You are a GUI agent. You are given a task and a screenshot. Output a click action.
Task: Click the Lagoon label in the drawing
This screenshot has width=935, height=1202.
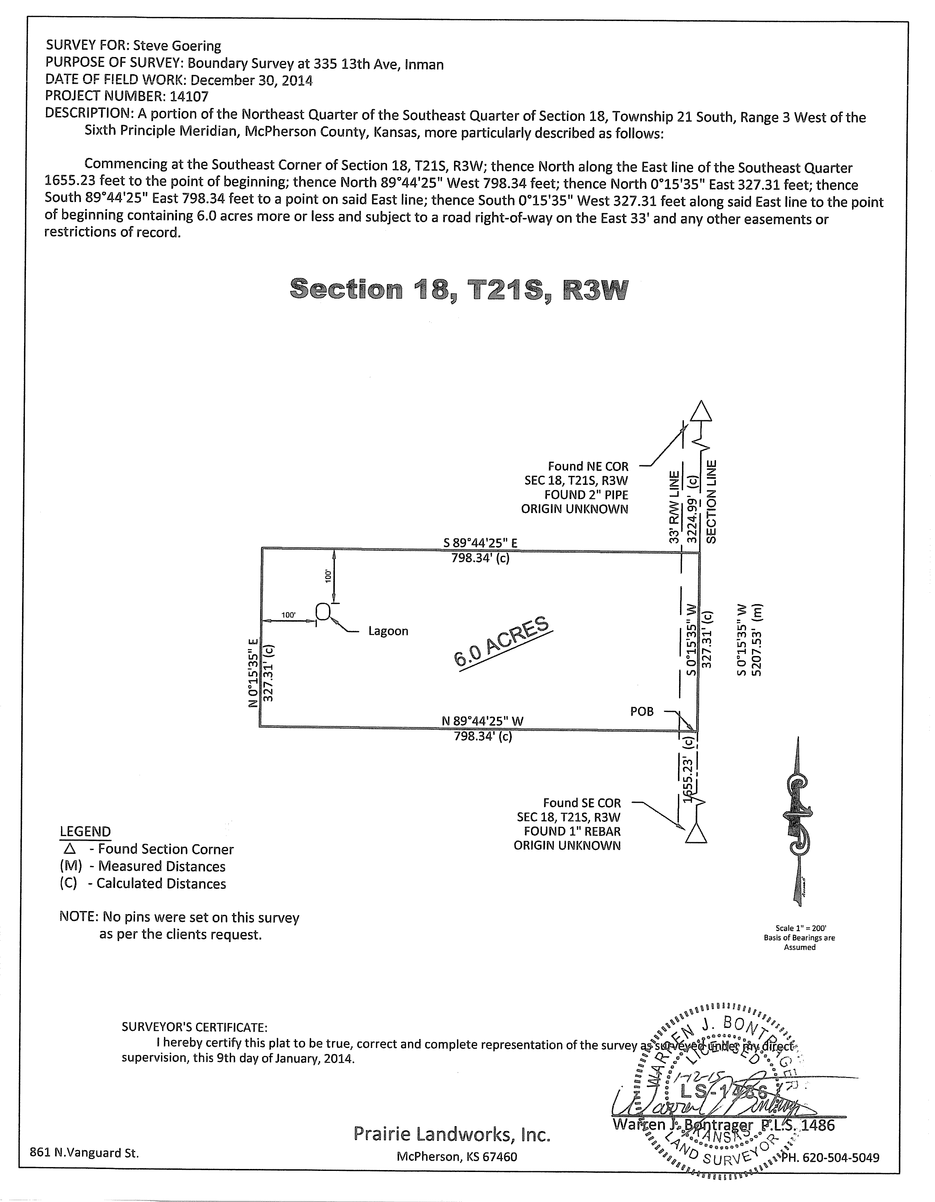tap(388, 631)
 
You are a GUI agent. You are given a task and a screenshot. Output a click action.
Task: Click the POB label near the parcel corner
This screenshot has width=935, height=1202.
tap(642, 712)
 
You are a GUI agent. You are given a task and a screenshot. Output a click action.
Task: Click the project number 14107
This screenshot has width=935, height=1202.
tap(189, 96)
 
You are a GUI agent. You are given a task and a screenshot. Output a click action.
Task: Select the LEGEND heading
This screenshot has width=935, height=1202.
tap(85, 832)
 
